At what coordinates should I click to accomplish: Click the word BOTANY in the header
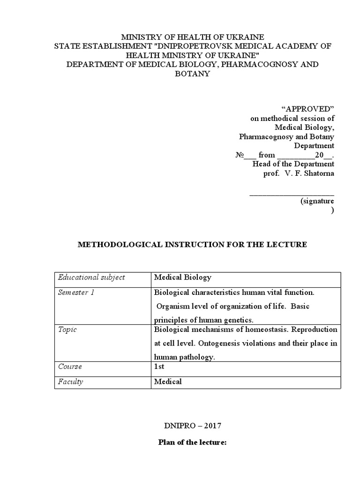(x=192, y=74)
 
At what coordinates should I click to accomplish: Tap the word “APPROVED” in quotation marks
(x=313, y=109)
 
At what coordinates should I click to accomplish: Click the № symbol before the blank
(x=239, y=155)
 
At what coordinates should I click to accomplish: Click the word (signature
(x=317, y=201)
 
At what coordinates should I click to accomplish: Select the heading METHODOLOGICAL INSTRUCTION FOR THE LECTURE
(x=192, y=245)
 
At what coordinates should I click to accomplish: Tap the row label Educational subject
(x=91, y=277)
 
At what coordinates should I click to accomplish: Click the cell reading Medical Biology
(x=183, y=277)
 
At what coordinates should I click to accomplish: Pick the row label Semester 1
(x=76, y=292)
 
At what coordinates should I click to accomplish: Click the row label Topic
(x=67, y=330)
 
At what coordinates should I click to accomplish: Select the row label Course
(x=70, y=367)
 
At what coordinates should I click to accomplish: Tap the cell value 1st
(x=159, y=367)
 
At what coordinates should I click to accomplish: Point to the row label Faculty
(x=71, y=382)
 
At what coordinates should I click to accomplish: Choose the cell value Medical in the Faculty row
(x=168, y=382)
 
